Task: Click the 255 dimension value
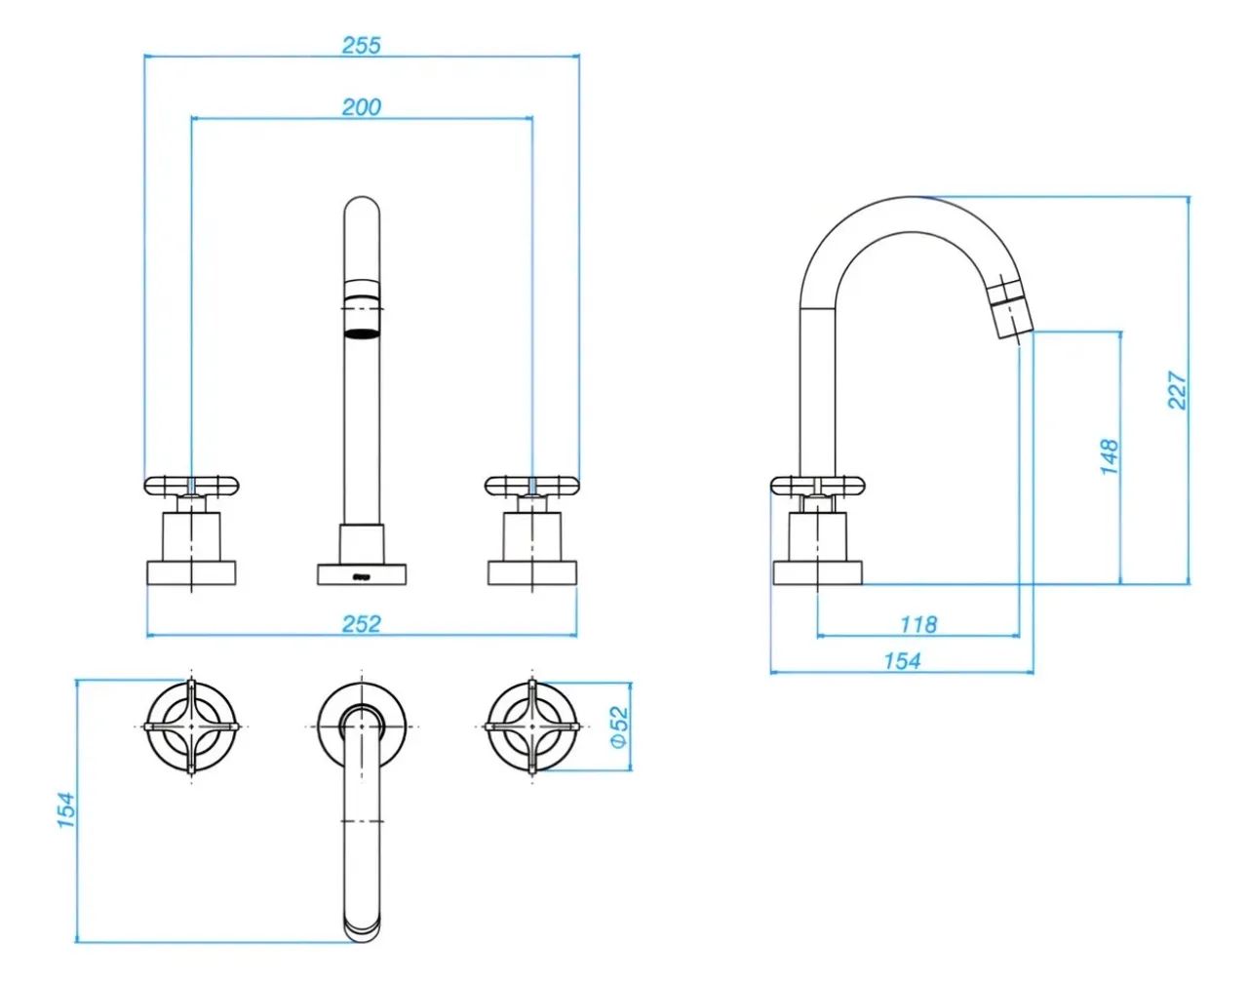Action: pos(362,45)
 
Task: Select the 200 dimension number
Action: pos(362,107)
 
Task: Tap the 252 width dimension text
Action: pos(362,624)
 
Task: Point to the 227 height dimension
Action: pos(1178,390)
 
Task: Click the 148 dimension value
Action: pos(1110,457)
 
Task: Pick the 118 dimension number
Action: pos(918,625)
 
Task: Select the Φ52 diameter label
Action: pos(619,727)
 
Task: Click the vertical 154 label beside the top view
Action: pos(66,811)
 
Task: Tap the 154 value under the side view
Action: pos(902,661)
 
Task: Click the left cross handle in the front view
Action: pos(191,486)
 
